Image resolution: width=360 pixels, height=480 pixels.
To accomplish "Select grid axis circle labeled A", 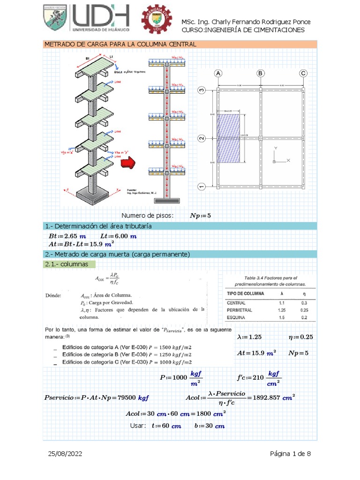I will click(217, 73).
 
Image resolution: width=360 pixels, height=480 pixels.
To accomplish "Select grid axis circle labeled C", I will click(303, 73).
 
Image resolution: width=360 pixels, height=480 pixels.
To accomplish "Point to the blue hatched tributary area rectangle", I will click(229, 139).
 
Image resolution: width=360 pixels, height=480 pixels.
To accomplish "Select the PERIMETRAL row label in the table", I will click(240, 310).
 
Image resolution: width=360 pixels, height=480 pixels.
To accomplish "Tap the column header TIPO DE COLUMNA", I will click(245, 293).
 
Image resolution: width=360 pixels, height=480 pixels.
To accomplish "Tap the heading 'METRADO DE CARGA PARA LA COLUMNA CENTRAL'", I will click(120, 44).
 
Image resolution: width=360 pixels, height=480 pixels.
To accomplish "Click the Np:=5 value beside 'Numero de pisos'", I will click(200, 216).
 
